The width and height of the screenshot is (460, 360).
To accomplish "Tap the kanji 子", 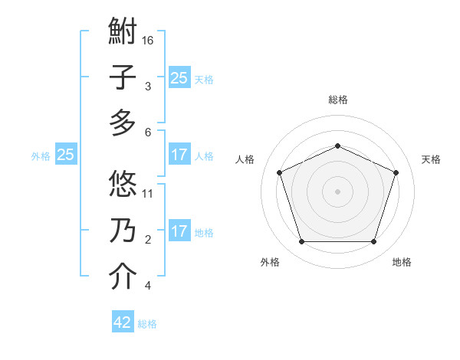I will pos(123,79).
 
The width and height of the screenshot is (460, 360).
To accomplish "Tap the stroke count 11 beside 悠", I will pos(148,193).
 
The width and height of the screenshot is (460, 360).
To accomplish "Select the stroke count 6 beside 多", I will pos(148,132).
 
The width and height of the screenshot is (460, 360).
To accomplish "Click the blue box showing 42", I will pos(123,322).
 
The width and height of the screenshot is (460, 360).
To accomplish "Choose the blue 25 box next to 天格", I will pos(179,77).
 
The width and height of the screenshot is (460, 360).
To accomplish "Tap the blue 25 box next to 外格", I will pos(65,155).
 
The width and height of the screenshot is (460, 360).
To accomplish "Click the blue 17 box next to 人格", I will pos(179,155).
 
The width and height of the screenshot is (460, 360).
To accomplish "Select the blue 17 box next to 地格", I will pos(179,231).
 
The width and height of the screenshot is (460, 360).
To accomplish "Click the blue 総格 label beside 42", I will pos(147,324).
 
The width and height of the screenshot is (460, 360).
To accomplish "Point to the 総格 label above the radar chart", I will pos(337,100).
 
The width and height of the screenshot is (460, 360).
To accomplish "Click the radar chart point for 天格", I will pos(396,172).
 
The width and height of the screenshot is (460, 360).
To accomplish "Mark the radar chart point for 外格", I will pos(301,242).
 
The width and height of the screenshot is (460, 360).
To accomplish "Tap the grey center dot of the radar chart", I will pos(337,191).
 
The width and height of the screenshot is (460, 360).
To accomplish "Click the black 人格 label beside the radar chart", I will pos(245,159).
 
